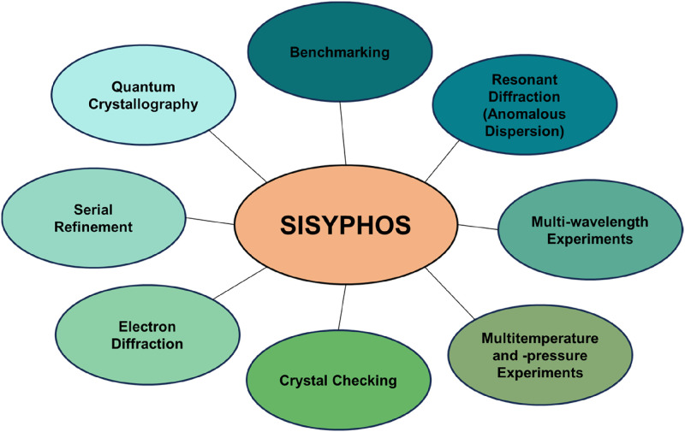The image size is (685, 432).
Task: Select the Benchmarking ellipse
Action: click(x=339, y=53)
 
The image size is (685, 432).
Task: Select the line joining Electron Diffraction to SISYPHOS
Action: click(x=241, y=281)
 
